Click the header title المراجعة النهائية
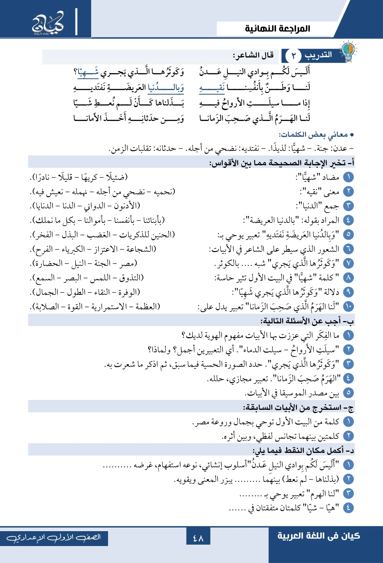(277, 29)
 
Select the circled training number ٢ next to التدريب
(293, 56)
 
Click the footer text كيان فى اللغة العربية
(318, 536)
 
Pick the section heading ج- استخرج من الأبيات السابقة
(298, 408)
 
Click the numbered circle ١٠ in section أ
(348, 307)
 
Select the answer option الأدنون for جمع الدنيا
(127, 206)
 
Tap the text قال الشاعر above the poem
(253, 55)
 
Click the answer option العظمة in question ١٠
(147, 307)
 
